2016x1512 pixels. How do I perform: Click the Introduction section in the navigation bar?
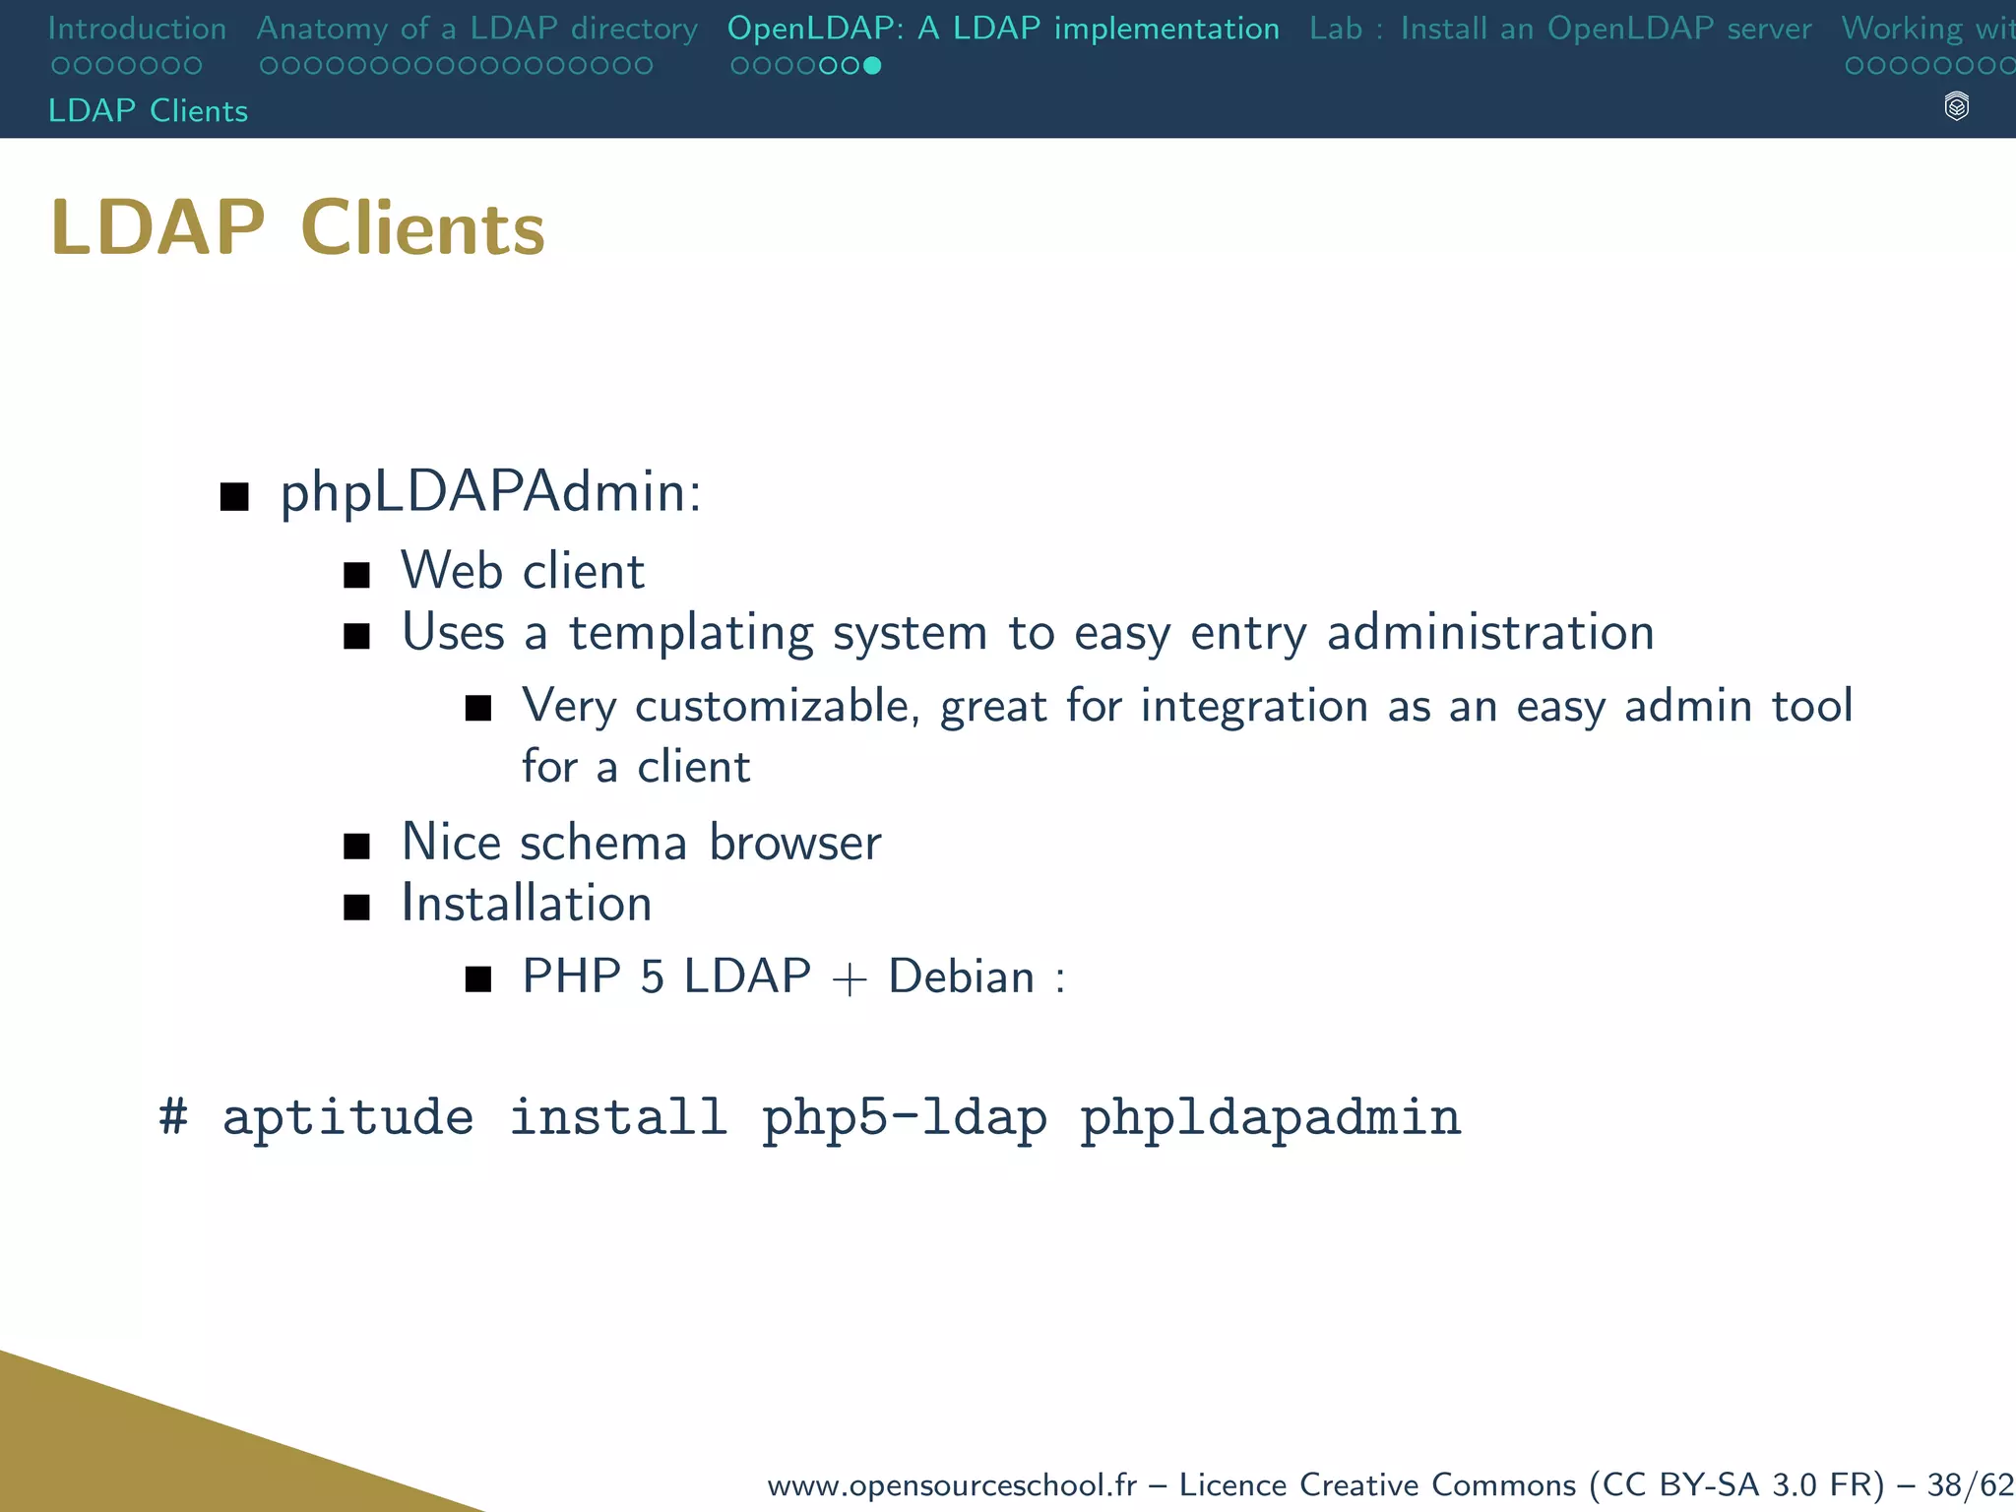[x=137, y=29]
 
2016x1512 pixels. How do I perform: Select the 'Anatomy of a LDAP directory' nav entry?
[x=476, y=29]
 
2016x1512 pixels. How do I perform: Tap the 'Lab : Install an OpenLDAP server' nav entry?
[x=1560, y=29]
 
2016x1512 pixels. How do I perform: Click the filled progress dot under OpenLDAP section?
[x=872, y=66]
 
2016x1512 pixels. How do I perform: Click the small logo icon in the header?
[x=1957, y=106]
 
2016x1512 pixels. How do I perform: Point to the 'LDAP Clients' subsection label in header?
[x=148, y=110]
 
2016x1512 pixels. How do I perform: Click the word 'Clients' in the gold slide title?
[x=422, y=228]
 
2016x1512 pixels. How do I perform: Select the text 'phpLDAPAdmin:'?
[x=490, y=492]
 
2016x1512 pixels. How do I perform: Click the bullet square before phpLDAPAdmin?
[x=234, y=497]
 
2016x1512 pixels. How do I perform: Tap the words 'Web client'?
[x=523, y=571]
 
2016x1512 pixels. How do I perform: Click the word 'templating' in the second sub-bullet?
[x=691, y=632]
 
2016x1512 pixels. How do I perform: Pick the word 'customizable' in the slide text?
[x=776, y=707]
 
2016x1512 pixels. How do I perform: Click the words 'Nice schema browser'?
[x=641, y=843]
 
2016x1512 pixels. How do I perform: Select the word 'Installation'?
[x=527, y=904]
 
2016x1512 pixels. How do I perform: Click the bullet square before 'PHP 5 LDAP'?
[x=478, y=979]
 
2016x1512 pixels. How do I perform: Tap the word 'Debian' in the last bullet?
[x=962, y=976]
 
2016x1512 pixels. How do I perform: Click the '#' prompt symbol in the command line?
[x=173, y=1117]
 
